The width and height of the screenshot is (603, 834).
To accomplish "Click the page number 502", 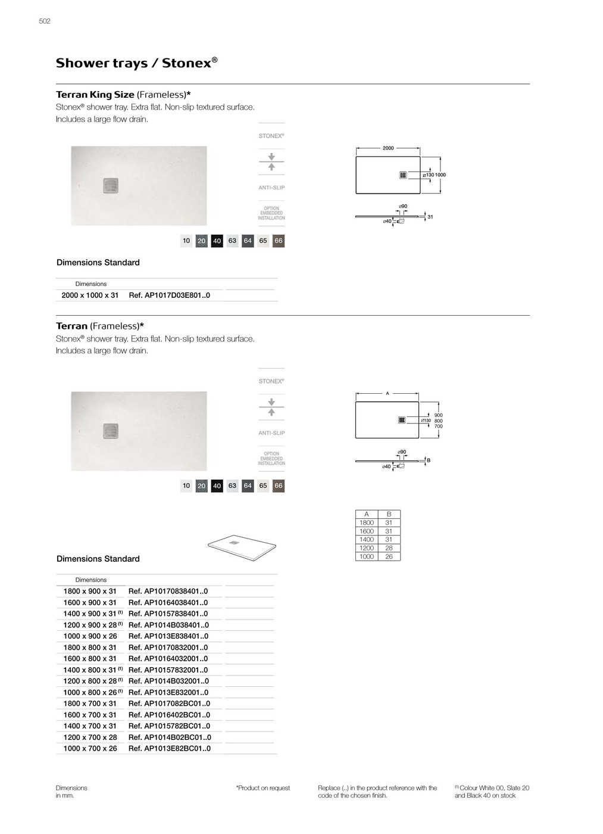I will pos(45,21).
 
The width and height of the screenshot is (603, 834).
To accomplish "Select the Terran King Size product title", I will pos(95,95).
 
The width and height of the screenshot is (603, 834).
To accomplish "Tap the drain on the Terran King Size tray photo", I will pos(111,185).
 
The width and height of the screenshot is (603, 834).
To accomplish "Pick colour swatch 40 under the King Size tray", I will pos(217,241).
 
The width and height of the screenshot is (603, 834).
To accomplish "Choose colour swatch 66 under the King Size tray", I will pos(278,241).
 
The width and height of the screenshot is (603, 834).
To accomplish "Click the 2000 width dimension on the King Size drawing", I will pos(388,148).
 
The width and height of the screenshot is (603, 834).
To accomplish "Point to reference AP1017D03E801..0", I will pos(169,295).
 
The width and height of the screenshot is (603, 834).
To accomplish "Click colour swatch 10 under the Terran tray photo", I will pos(186,486).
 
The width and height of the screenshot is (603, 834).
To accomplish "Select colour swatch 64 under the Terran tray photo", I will pos(248,486).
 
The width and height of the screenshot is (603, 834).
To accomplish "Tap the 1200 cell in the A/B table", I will pos(367,548).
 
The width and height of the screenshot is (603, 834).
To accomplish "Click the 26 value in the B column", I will pos(389,556).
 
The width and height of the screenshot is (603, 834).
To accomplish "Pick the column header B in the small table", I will pos(389,514).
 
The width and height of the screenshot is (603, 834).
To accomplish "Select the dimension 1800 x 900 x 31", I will pos(90,592).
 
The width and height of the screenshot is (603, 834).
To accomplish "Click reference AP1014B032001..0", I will pos(168,681).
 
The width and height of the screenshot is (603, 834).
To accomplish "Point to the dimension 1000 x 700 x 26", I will pos(90,748).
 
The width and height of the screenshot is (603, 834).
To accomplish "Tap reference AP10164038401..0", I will pos(168,603).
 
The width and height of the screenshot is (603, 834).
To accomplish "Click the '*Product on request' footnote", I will pos(263,788).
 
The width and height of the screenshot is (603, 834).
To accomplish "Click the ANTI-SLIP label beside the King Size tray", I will pos(271,188).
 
